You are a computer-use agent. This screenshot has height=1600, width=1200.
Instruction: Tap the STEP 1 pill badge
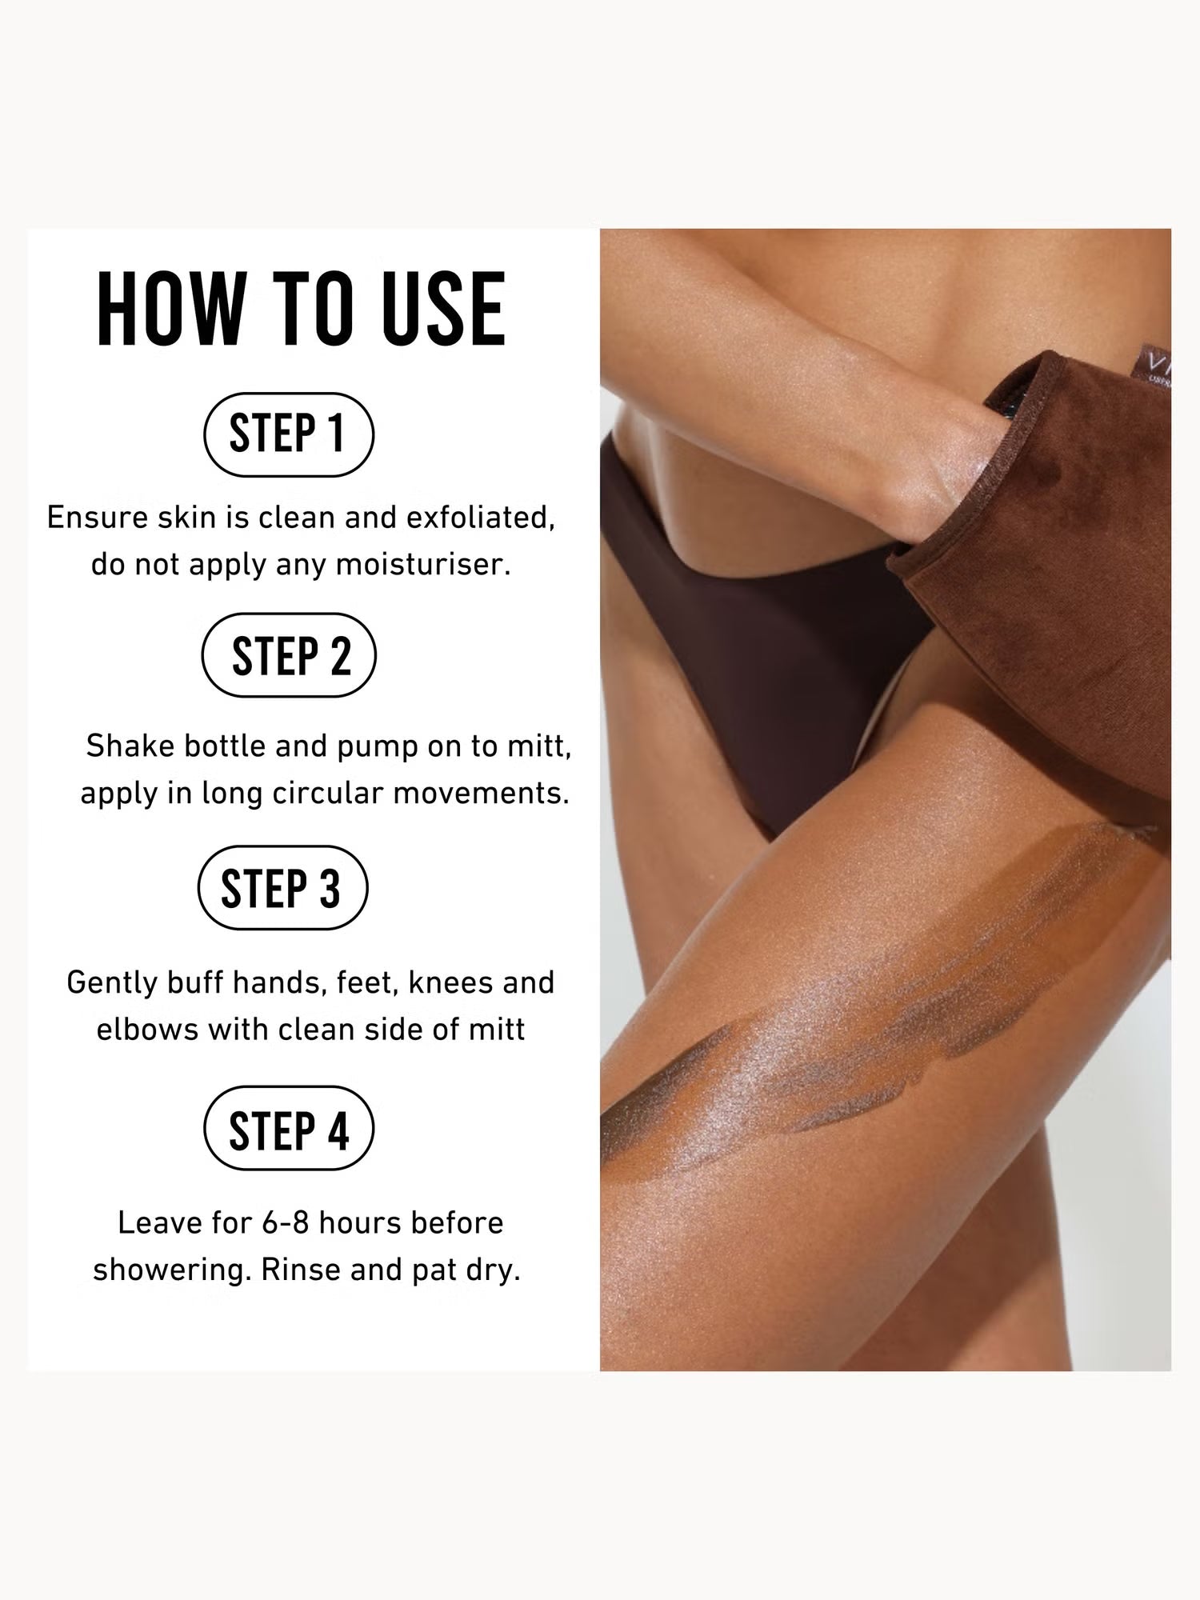tap(289, 434)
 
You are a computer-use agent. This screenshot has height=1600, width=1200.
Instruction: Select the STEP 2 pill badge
tap(289, 655)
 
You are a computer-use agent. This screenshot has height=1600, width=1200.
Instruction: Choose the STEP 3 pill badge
tap(282, 887)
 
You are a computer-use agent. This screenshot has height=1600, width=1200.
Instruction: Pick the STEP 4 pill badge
tap(289, 1128)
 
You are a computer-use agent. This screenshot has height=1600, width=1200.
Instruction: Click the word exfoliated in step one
tap(480, 518)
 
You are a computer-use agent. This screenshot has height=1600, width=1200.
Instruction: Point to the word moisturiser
tap(422, 565)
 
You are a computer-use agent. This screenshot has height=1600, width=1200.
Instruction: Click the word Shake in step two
tap(130, 746)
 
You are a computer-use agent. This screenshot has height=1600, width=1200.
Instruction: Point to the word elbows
tap(147, 1030)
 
